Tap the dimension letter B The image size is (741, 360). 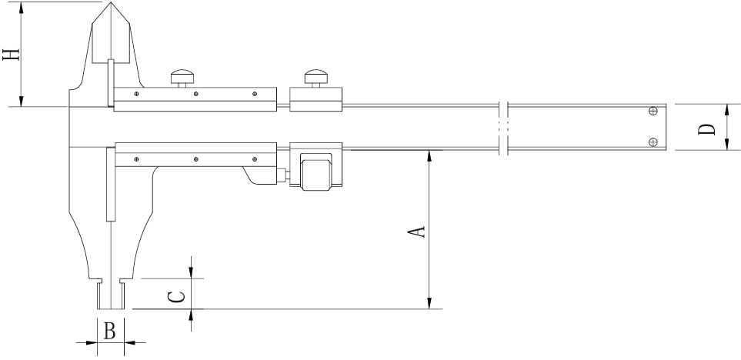click(110, 332)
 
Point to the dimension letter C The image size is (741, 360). click(176, 295)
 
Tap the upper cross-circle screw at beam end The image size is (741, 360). click(653, 111)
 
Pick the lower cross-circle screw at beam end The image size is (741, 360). click(653, 140)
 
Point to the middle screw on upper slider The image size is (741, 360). click(196, 95)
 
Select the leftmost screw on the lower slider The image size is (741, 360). click(135, 159)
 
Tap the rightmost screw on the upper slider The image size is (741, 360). click(254, 95)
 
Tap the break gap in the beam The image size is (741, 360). click(503, 126)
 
